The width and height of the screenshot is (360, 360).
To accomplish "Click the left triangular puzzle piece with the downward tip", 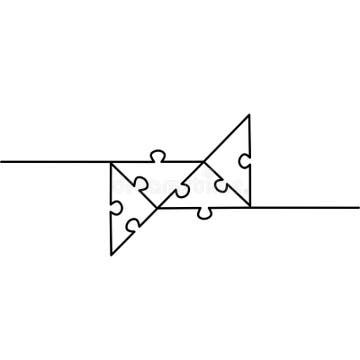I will tap(122, 205).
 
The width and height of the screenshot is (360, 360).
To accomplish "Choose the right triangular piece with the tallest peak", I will tap(235, 165).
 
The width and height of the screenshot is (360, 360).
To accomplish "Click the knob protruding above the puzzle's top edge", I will tap(157, 155).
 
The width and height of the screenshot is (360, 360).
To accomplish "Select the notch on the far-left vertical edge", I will tap(116, 208).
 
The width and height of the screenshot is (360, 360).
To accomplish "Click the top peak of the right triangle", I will tap(249, 115).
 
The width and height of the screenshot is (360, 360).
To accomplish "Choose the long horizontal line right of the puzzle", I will tap(305, 207).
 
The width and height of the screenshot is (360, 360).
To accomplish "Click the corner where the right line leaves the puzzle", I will tap(250, 207).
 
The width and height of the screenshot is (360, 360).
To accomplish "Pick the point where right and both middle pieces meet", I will tap(203, 161).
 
